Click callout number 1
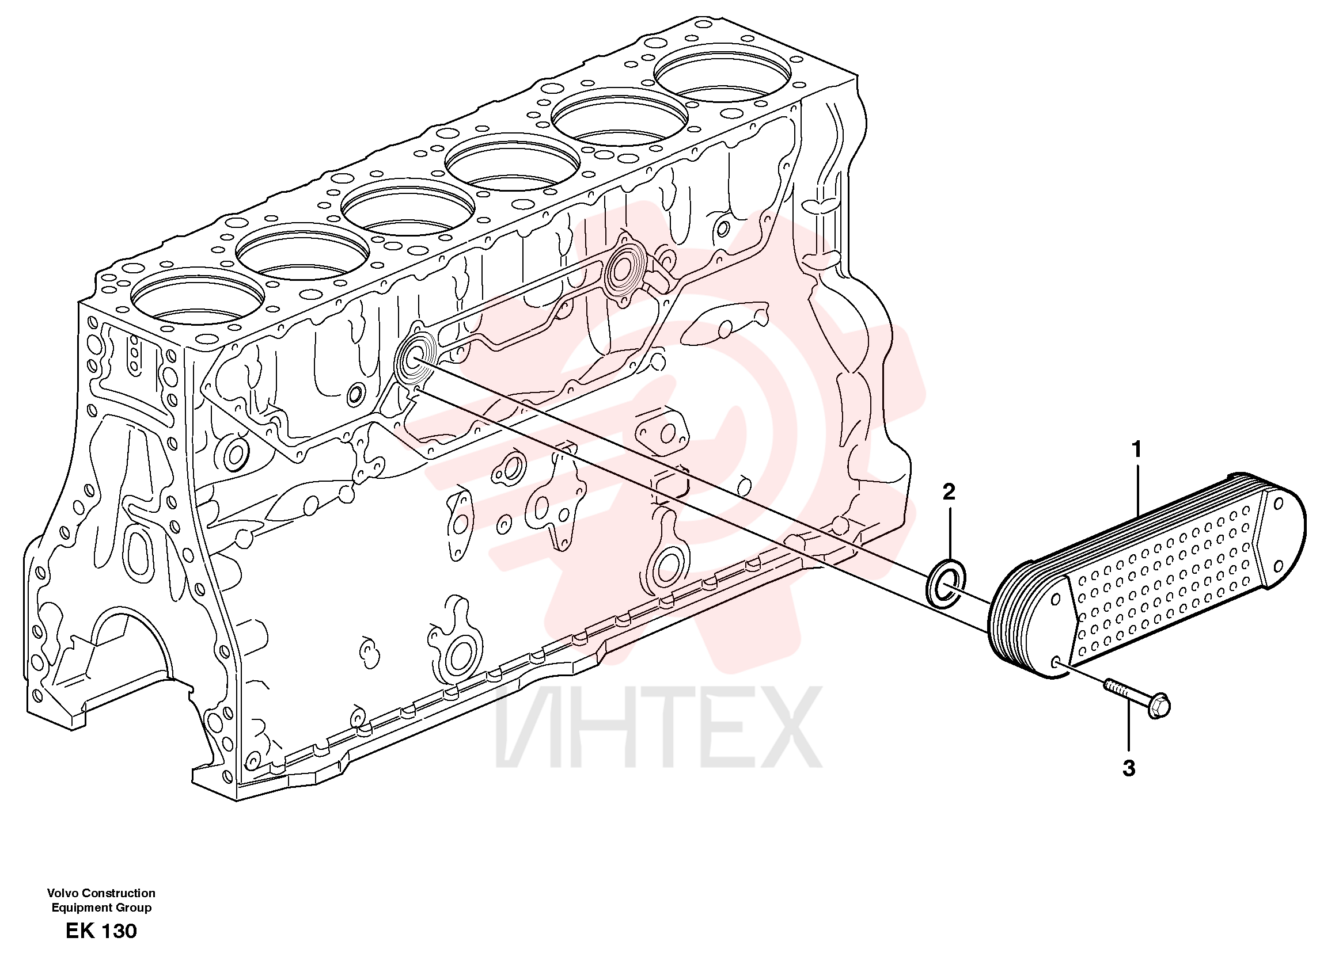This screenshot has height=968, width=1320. (1136, 450)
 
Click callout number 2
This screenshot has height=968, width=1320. (949, 491)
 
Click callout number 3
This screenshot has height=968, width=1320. (1129, 768)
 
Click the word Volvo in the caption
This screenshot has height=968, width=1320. (63, 893)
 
